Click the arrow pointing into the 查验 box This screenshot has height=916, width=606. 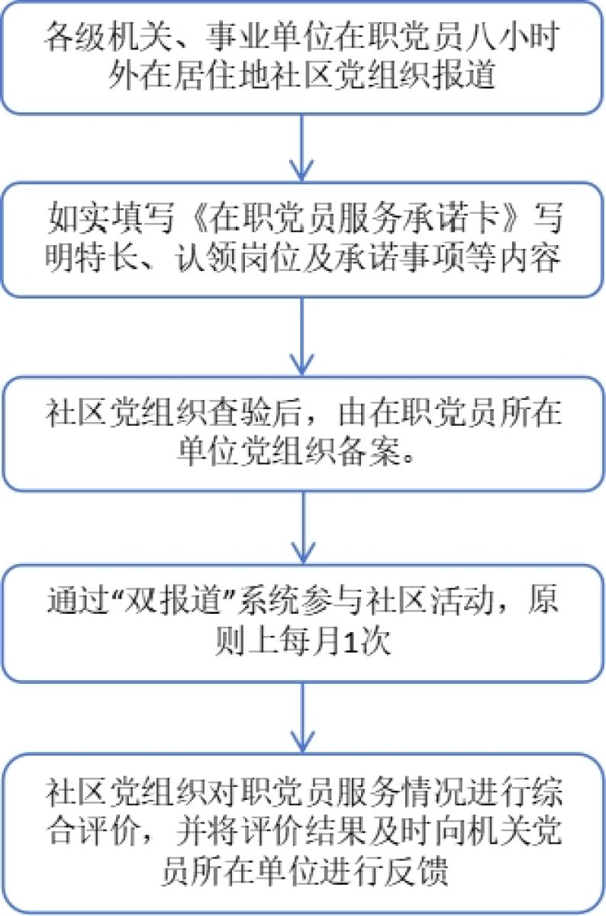click(x=304, y=336)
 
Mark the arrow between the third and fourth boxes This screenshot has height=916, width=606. click(x=304, y=527)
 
